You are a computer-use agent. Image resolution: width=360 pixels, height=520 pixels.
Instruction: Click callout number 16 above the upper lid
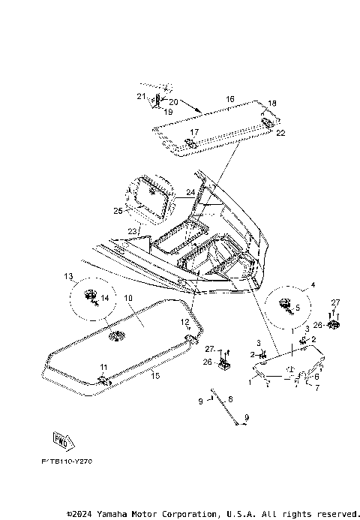tap(230, 99)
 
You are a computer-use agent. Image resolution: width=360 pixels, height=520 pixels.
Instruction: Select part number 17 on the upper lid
tap(193, 132)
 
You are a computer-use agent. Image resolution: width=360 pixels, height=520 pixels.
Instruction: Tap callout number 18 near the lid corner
tap(272, 103)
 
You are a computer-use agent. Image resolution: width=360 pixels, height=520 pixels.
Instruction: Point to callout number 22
tap(280, 133)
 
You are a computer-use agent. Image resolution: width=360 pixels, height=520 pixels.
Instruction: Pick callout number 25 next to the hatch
tap(118, 211)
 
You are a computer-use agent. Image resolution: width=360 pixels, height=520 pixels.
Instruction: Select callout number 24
tap(190, 193)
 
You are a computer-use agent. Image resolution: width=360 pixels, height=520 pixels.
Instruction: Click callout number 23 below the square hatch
tap(131, 231)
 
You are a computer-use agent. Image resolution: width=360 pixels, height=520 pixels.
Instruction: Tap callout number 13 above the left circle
tap(67, 275)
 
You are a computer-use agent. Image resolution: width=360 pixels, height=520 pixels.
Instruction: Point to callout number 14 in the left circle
tap(105, 298)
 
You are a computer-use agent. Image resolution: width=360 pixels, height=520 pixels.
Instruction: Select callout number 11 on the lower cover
tap(103, 366)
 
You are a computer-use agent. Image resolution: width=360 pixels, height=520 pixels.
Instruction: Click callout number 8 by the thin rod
tap(230, 399)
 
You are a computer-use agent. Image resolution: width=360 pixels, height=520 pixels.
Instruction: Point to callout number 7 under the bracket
tap(316, 388)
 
